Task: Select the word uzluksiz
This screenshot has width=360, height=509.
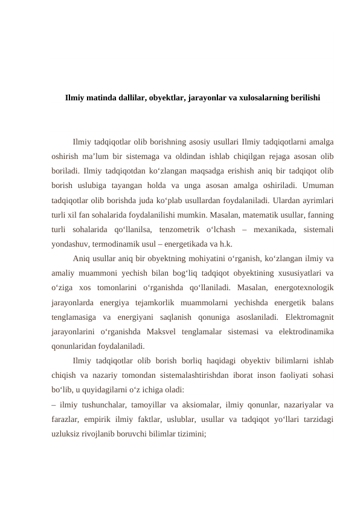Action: pos(65,435)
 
